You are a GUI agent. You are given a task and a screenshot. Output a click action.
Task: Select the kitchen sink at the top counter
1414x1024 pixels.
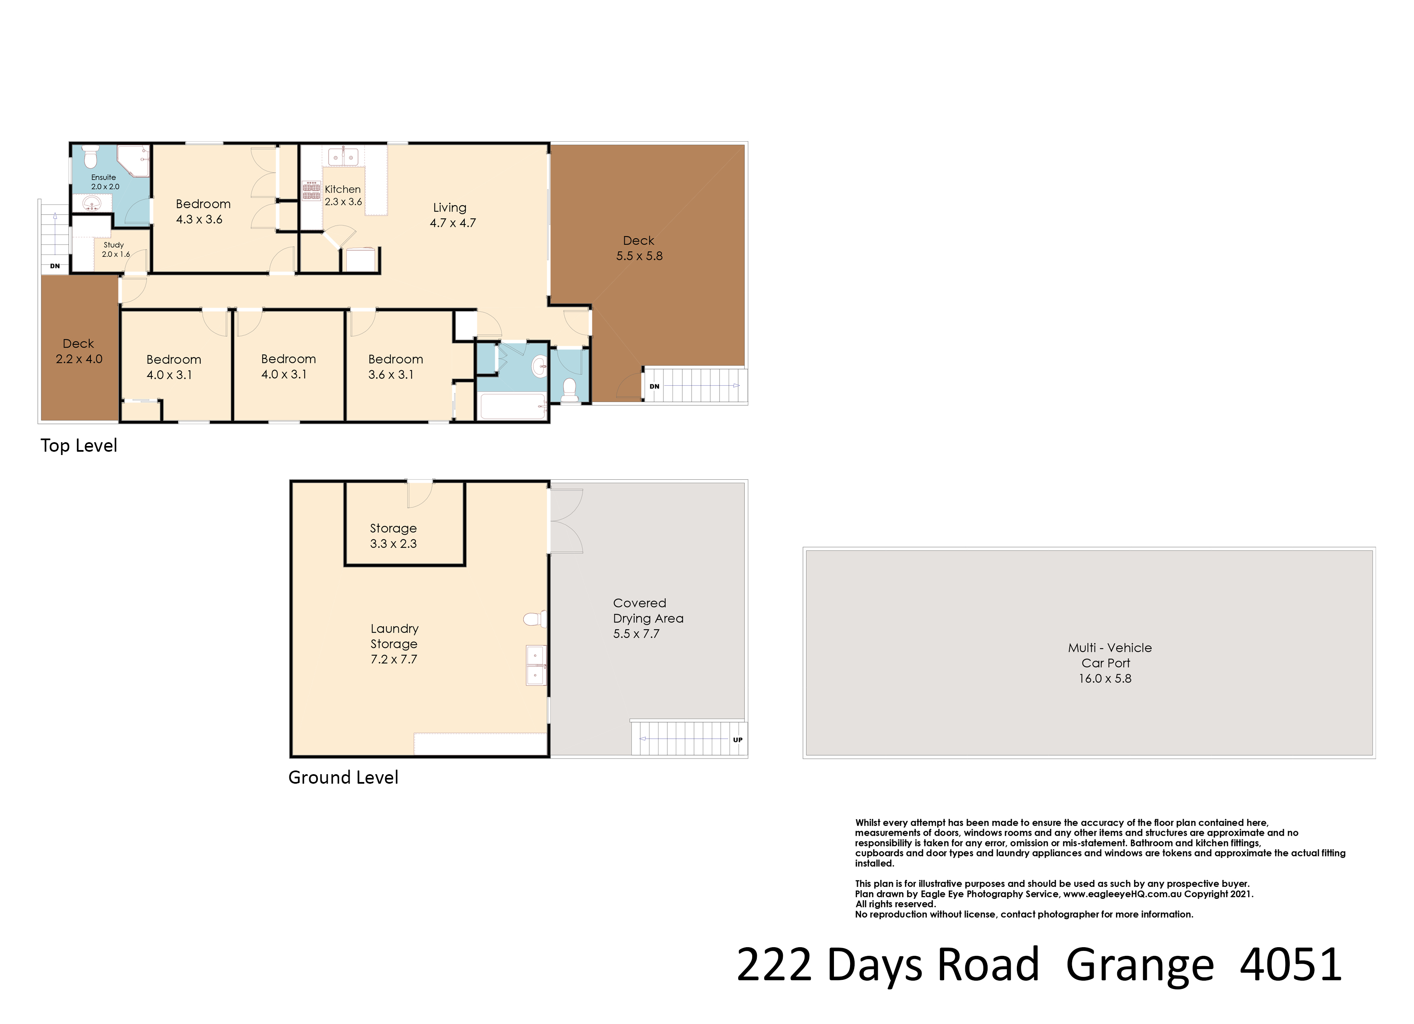[x=343, y=156]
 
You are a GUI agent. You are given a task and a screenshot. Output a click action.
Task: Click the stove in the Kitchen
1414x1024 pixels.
[x=311, y=191]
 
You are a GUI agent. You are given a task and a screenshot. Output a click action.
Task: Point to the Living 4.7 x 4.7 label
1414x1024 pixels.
[x=452, y=215]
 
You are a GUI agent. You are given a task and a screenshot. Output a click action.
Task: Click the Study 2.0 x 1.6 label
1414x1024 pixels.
[x=115, y=249]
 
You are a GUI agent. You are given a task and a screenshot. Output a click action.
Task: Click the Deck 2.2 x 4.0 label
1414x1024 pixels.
[x=78, y=351]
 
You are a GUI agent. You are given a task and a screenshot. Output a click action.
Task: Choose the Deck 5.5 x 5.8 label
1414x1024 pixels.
[x=639, y=248]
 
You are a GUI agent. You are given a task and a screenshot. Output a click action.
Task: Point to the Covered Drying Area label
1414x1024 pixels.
[x=648, y=619]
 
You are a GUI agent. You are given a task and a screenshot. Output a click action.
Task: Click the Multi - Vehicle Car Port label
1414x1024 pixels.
[x=1110, y=663]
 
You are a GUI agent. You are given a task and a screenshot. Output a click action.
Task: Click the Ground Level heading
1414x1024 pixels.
[x=343, y=777]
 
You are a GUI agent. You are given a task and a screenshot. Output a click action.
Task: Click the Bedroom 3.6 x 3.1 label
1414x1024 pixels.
[x=395, y=367]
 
